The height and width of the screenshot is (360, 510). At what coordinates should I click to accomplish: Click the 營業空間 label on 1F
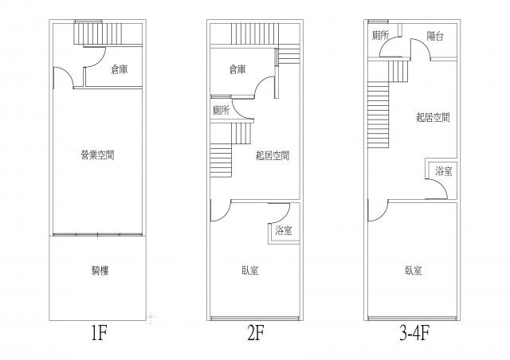click(x=97, y=155)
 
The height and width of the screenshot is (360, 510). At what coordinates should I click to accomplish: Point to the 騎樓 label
click(x=100, y=271)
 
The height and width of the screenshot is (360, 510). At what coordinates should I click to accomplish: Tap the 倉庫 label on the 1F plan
click(x=120, y=70)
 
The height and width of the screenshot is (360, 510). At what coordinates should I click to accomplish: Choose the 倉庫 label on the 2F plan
click(x=237, y=68)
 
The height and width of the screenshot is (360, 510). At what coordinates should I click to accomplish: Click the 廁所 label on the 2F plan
click(x=221, y=110)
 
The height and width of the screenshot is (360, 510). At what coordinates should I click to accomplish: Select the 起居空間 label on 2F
click(x=272, y=155)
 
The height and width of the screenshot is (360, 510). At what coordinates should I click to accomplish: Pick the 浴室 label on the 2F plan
click(x=283, y=231)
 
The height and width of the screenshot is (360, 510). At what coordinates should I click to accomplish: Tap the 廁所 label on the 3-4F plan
click(x=380, y=35)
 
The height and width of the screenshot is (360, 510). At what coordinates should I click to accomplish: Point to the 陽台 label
click(x=435, y=35)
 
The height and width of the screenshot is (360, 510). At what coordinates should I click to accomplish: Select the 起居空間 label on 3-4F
click(x=433, y=117)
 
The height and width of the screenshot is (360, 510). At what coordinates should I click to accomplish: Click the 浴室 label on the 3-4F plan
click(x=444, y=171)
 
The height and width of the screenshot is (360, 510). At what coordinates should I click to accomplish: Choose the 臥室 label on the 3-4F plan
click(x=413, y=271)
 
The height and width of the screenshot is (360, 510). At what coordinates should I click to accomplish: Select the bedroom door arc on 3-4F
click(x=377, y=212)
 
